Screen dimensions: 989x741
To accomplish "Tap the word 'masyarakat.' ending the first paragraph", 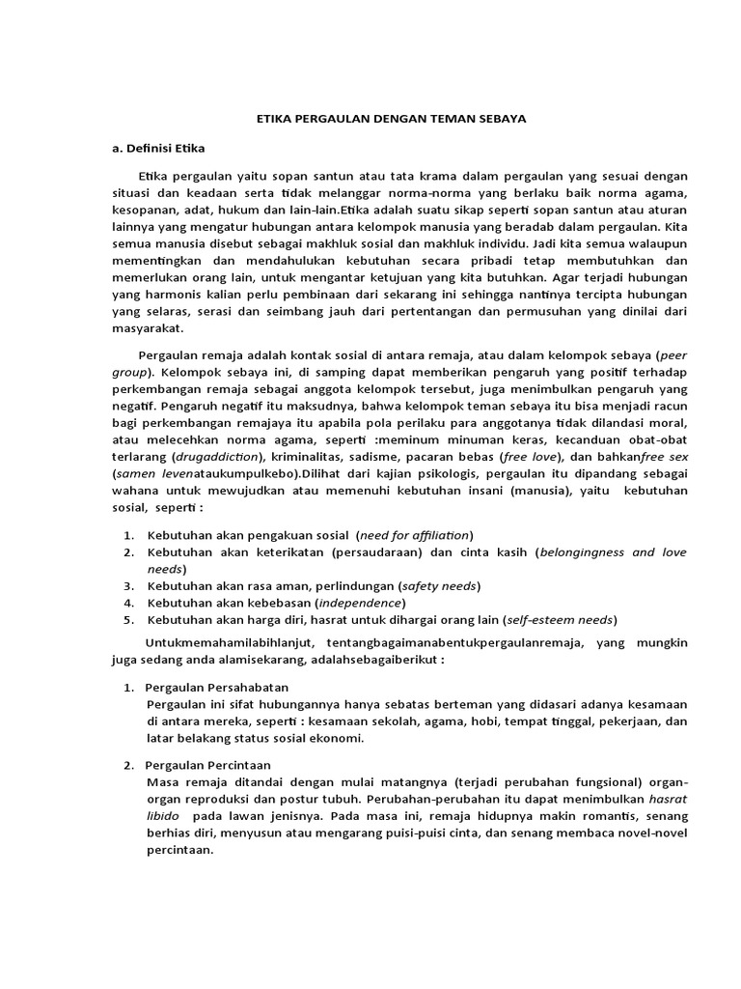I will click(151, 327).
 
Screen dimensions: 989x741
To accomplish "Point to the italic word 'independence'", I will click(347, 603).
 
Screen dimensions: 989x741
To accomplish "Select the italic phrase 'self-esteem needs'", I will click(561, 620).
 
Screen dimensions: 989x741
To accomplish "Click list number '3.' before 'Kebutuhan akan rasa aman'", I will click(128, 586).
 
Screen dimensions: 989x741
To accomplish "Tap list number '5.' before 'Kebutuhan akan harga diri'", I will click(128, 620).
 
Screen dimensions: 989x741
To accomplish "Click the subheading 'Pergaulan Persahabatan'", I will click(217, 687).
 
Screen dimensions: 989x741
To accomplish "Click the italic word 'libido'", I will click(163, 816).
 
